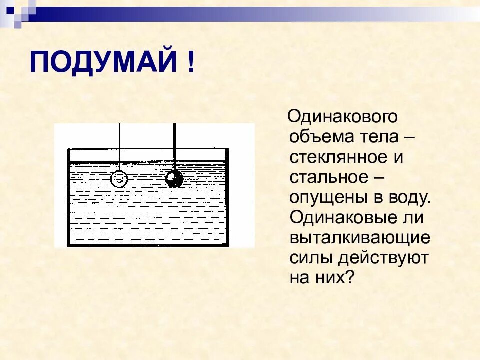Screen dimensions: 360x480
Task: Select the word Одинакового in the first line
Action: tap(343, 117)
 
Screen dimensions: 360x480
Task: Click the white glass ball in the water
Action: tap(119, 179)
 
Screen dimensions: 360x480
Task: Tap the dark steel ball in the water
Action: tap(174, 179)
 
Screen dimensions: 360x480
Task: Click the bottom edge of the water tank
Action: tap(148, 245)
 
